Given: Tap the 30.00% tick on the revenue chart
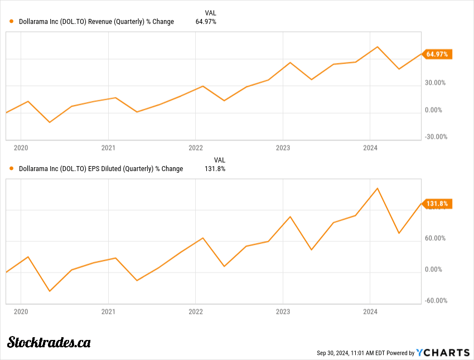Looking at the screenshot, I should coord(435,82).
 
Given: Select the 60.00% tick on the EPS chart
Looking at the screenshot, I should coord(435,238).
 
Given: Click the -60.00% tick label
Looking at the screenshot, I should coord(435,300).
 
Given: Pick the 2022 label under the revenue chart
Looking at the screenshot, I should coord(196,148).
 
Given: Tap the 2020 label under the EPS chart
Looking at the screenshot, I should coord(21,312).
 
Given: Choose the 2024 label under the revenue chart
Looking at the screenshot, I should coord(370,148).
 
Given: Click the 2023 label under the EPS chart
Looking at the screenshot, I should coord(283,312).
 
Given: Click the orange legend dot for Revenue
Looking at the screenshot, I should coord(12,22).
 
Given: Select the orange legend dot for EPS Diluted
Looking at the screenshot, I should coord(12,168).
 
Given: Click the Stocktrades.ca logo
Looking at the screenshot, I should coord(49,342).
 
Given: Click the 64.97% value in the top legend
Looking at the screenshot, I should coord(206,22).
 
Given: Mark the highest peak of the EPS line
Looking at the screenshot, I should coord(378,188).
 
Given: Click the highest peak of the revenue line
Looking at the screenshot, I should coord(378,47).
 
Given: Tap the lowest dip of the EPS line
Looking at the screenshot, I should coord(50,291).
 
